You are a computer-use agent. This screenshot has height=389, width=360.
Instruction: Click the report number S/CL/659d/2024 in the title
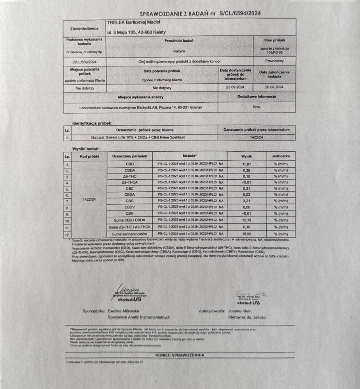tap(240, 13)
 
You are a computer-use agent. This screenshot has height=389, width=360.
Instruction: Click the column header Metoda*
tap(189, 156)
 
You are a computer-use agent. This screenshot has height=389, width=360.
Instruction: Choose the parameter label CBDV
tap(130, 207)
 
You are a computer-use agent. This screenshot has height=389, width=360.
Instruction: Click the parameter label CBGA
tap(130, 194)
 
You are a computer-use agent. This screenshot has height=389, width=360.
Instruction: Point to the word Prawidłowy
tap(274, 61)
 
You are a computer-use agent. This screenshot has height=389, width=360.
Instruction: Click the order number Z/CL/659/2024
tap(84, 61)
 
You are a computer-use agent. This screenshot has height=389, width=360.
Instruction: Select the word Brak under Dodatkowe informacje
tap(257, 107)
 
